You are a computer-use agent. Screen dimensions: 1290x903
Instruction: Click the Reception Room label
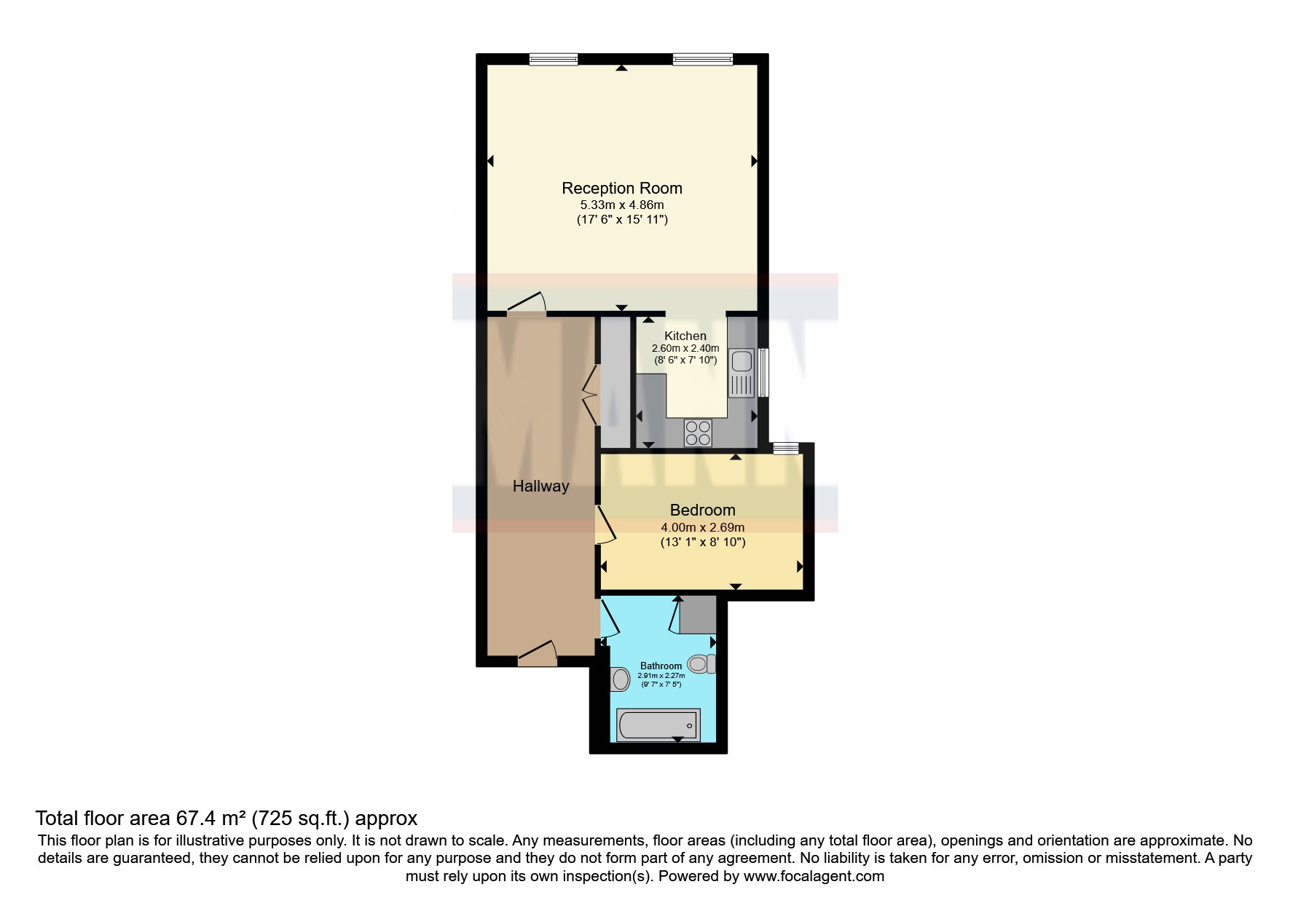[622, 188]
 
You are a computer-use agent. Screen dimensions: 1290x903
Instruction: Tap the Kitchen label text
[685, 336]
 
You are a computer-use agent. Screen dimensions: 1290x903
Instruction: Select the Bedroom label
[703, 510]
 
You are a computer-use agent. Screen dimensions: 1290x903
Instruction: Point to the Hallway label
[540, 486]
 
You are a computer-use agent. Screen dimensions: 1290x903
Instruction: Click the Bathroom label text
[661, 666]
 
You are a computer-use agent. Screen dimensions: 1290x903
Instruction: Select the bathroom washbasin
[620, 679]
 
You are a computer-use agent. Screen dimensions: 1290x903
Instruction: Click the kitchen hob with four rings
[698, 433]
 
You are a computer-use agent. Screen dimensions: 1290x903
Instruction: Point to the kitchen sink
[742, 372]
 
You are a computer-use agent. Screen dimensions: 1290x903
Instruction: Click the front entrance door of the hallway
[538, 654]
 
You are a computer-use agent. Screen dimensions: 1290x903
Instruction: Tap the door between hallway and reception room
[526, 304]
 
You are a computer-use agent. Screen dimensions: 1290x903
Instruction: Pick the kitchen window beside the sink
[763, 372]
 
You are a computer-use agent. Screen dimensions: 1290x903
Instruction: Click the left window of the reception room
[554, 59]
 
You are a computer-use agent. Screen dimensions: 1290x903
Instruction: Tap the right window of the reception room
[703, 59]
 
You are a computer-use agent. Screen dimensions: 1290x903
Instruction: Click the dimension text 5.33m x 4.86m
[622, 205]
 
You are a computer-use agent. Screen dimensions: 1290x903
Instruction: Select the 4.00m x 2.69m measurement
[703, 527]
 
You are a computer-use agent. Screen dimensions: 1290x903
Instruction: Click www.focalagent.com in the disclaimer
[814, 876]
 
